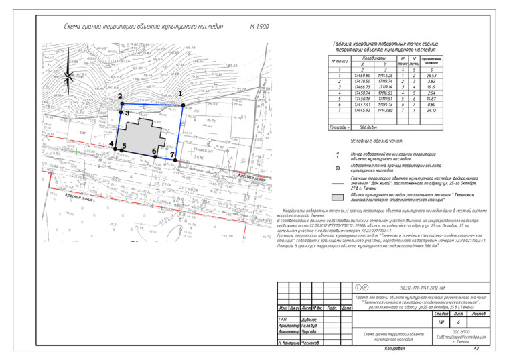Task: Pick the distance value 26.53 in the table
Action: [x=431, y=76]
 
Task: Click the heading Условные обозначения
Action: [x=376, y=141]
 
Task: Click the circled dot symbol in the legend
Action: [x=338, y=169]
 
